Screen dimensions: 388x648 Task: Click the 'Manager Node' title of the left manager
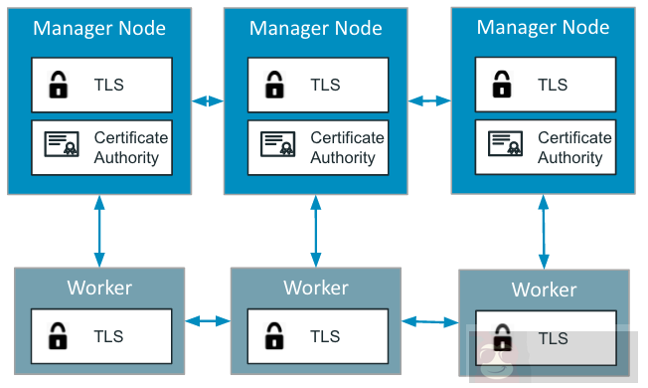point(99,28)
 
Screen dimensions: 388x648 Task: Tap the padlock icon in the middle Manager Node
point(275,86)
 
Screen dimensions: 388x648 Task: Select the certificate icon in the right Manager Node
point(505,145)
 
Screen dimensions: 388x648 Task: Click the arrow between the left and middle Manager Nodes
point(208,100)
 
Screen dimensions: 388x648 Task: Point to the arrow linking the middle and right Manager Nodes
point(429,100)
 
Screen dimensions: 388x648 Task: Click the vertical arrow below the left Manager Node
point(99,230)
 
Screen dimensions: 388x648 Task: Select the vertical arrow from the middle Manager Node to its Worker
point(316,231)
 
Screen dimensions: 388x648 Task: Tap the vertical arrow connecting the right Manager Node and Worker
point(544,232)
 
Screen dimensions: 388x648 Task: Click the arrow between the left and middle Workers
point(207,320)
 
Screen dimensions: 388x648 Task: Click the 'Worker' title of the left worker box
point(99,288)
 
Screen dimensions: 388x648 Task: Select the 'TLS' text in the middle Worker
point(325,336)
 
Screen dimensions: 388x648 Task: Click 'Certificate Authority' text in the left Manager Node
point(131,147)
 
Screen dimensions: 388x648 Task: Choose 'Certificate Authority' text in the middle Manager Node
point(348,147)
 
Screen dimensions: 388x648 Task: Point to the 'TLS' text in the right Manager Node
point(553,85)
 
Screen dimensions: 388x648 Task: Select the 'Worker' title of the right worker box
point(544,290)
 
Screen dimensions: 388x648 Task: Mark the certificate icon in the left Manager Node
point(61,146)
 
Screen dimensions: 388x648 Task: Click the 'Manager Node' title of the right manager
point(543,28)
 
